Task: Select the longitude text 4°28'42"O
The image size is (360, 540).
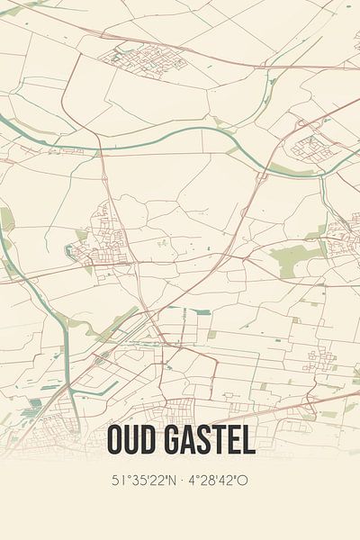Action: (x=215, y=480)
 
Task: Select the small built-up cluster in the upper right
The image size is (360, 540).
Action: (x=310, y=144)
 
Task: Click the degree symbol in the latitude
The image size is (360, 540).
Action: (x=123, y=476)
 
